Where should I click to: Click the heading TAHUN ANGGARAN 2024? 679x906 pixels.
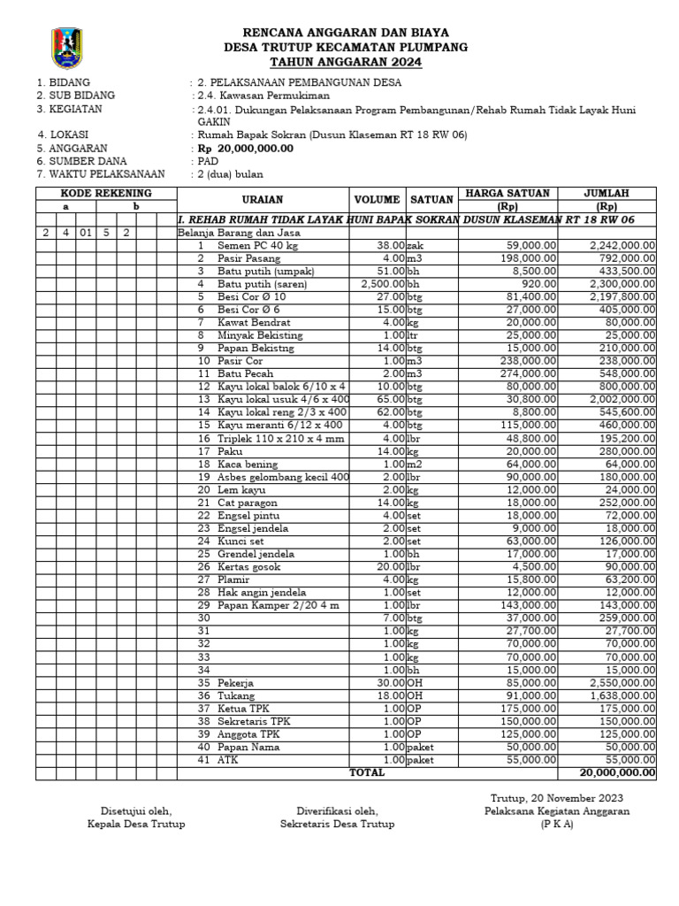[x=346, y=62]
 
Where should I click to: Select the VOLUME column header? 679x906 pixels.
[x=378, y=200]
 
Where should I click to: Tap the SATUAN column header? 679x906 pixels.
[x=432, y=200]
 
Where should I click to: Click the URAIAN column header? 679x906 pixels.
[x=263, y=200]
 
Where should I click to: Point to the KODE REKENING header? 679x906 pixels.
[x=105, y=193]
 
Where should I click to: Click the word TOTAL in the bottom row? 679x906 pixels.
[x=367, y=772]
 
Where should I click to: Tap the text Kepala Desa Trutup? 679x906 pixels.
[x=135, y=824]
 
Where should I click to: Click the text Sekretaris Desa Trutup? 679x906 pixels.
[x=337, y=824]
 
